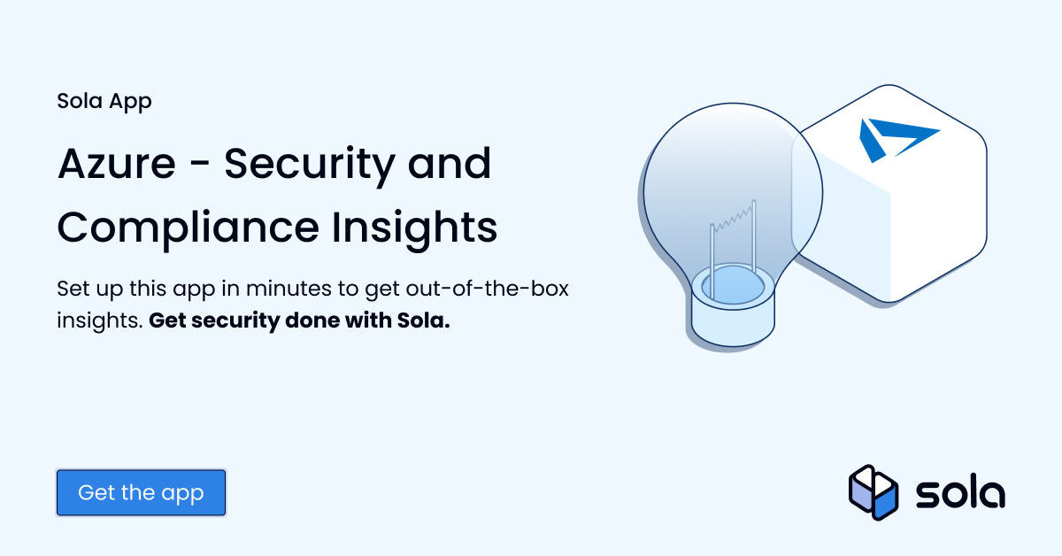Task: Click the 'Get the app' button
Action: tap(141, 492)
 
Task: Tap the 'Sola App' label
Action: tap(104, 101)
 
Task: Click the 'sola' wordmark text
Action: tap(960, 492)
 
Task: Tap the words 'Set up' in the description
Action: tap(88, 290)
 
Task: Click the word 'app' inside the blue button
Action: tap(183, 494)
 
